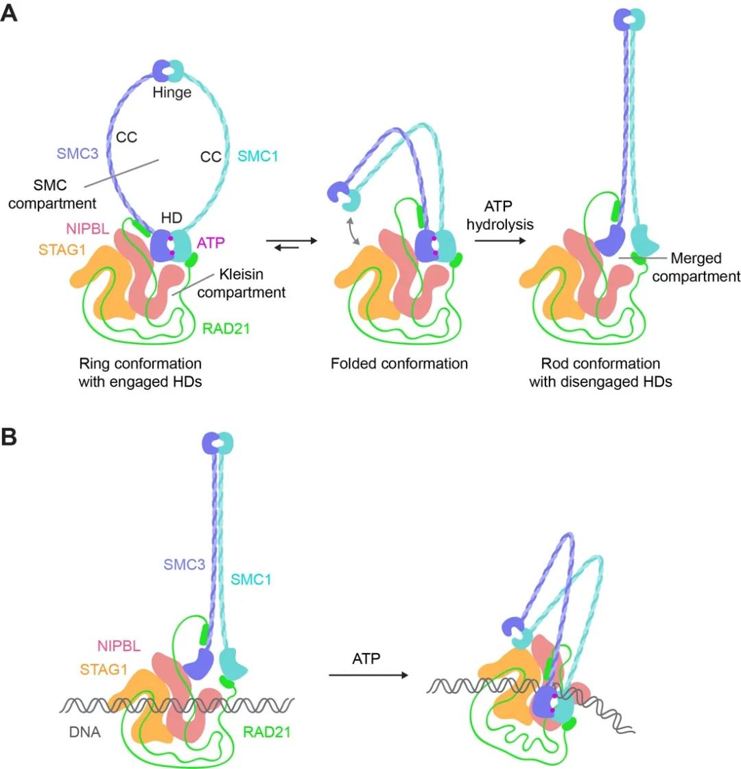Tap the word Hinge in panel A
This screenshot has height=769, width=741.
(172, 92)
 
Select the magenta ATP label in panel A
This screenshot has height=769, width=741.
(211, 242)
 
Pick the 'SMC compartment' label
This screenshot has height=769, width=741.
(65, 195)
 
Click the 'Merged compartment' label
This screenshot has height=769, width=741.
(696, 267)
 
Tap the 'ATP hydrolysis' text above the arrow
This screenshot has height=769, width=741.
(499, 216)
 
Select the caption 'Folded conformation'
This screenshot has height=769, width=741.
(399, 363)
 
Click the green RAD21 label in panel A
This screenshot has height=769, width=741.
(226, 329)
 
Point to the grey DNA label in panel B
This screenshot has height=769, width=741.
(85, 732)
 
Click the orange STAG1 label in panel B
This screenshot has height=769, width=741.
(104, 669)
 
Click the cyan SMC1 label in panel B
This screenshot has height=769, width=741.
(250, 580)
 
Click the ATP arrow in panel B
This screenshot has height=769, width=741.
(368, 675)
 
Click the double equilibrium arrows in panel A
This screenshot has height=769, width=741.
(291, 243)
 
